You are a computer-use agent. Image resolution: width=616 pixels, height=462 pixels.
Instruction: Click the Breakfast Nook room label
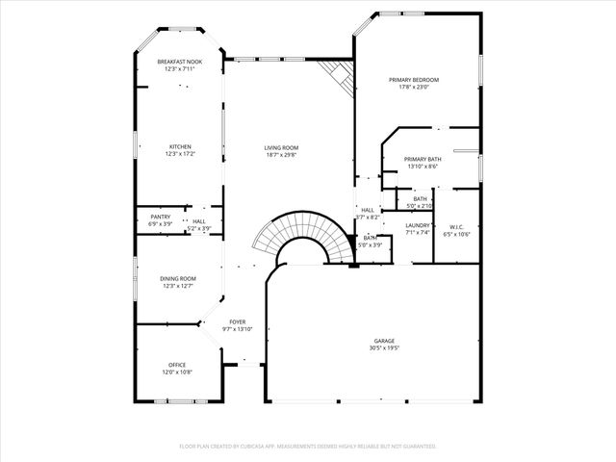180,62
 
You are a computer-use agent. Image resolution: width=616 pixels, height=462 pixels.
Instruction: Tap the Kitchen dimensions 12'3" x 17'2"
180,154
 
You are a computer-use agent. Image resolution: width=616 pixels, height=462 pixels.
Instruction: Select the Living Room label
281,147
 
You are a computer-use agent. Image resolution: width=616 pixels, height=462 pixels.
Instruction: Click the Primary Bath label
422,159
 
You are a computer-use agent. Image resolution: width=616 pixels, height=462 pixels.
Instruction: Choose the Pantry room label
161,217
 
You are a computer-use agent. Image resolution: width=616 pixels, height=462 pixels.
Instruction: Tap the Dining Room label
178,278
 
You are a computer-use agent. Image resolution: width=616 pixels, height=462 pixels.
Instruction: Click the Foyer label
238,321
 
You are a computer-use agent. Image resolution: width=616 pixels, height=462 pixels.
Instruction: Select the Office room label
177,365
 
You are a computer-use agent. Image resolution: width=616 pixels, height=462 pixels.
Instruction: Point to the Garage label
385,341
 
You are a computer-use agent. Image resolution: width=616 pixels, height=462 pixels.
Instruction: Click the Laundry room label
418,224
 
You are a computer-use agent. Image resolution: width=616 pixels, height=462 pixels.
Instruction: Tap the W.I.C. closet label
456,226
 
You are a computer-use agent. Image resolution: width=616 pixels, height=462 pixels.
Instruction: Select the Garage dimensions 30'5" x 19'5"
385,348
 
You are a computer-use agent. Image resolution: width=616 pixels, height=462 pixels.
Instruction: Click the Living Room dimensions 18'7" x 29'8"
281,155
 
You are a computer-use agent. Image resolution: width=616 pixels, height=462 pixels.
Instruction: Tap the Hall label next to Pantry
199,221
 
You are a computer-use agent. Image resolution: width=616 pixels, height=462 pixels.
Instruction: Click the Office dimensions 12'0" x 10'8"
177,372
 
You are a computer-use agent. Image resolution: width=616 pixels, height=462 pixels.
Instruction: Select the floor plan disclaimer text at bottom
308,447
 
